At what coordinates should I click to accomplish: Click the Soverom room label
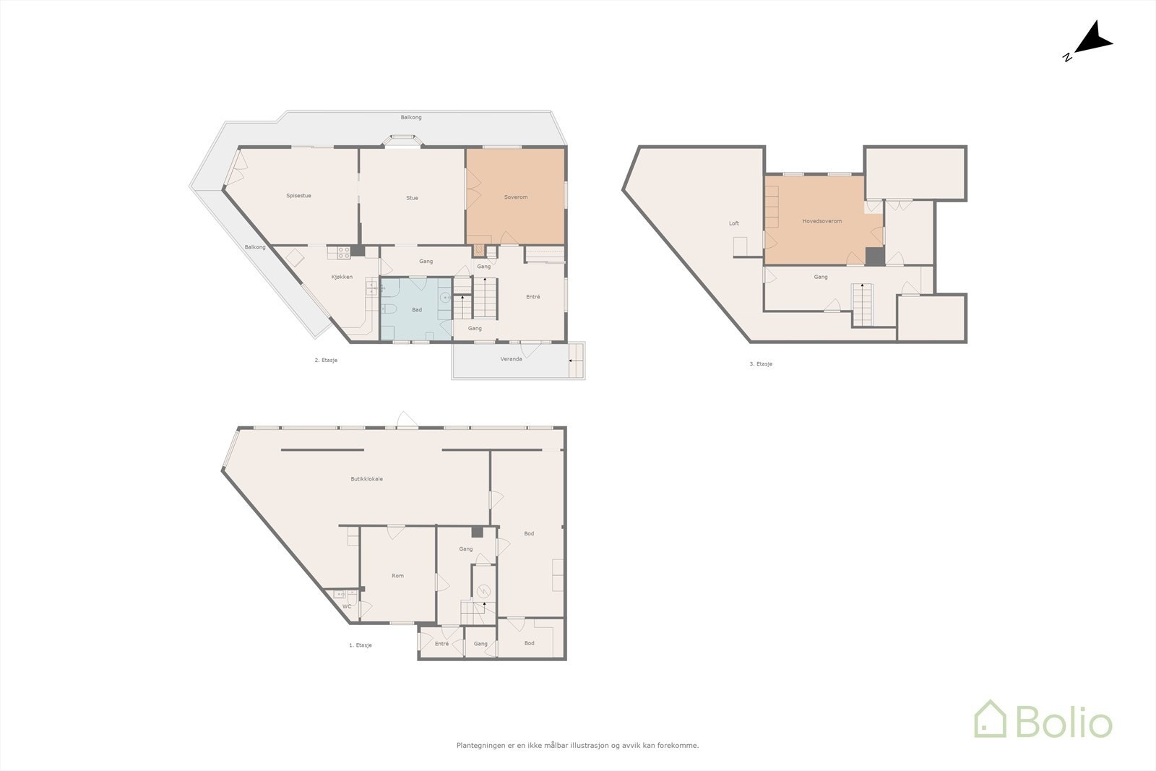coord(515,197)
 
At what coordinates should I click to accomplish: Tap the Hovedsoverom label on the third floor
coord(821,221)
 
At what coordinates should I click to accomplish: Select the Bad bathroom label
coord(417,310)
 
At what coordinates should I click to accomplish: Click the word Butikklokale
coord(366,479)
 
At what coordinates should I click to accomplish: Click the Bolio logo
coord(1043,720)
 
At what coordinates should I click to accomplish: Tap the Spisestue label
coord(298,196)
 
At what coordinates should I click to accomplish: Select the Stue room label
coord(412,198)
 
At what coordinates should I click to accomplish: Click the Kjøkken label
coord(342,277)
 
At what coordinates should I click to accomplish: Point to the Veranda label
coord(511,359)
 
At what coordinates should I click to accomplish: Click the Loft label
coord(733,223)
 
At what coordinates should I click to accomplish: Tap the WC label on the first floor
coord(346,606)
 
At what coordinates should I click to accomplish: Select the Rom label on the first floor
coord(397,576)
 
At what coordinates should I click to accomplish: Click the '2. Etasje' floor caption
coord(326,360)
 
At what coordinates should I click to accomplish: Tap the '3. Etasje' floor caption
coord(761,364)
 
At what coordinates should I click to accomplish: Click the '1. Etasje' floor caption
coord(360,645)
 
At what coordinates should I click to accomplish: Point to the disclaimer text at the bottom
coord(577,745)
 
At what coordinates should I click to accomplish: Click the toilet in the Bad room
coord(388,309)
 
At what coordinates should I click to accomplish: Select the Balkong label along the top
coord(411,117)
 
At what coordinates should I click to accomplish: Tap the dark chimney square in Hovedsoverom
coord(874,257)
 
